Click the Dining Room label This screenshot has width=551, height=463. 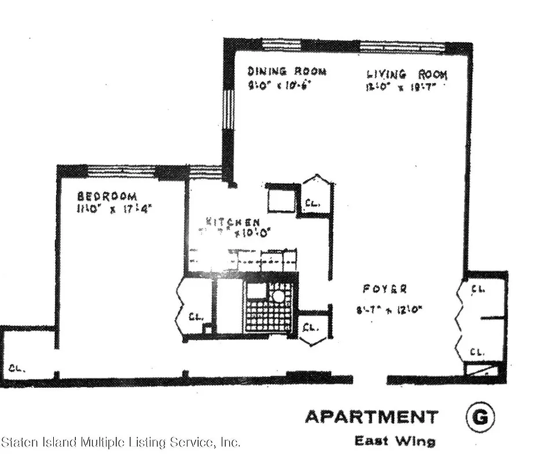click(286, 71)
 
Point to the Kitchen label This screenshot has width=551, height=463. click(233, 222)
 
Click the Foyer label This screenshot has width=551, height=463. click(385, 289)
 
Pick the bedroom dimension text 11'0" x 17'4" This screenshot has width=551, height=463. click(113, 209)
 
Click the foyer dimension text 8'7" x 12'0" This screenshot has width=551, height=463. click(389, 310)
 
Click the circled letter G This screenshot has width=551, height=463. click(480, 417)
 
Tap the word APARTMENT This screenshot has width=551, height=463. click(372, 417)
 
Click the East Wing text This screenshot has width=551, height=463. click(395, 441)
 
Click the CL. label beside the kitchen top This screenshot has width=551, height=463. click(313, 203)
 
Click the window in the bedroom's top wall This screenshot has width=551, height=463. click(121, 171)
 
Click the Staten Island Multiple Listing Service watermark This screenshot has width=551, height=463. click(120, 443)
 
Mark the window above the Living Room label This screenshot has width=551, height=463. click(402, 46)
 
